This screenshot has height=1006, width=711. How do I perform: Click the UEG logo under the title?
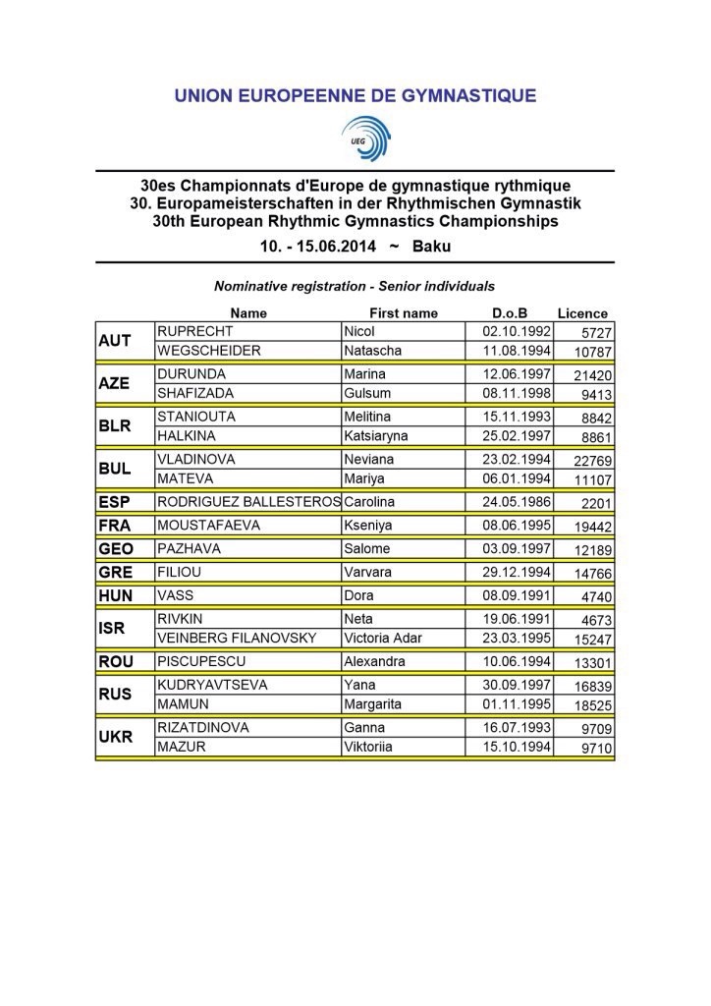(365, 138)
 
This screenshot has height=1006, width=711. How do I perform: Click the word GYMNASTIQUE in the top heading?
(459, 95)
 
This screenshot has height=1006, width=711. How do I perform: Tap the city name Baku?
(432, 247)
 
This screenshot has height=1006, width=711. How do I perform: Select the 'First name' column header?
(404, 313)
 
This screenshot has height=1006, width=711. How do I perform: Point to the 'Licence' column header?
(582, 313)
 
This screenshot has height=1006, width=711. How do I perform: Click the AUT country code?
(115, 341)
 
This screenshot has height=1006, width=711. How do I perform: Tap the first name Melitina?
(371, 417)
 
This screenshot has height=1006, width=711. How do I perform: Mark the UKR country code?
(115, 738)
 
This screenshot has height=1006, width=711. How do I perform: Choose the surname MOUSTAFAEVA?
(209, 526)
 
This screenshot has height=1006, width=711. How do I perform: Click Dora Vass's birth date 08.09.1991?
(511, 594)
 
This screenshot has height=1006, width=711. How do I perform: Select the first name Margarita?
(374, 704)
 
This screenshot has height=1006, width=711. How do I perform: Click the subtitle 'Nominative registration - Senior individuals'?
(355, 287)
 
